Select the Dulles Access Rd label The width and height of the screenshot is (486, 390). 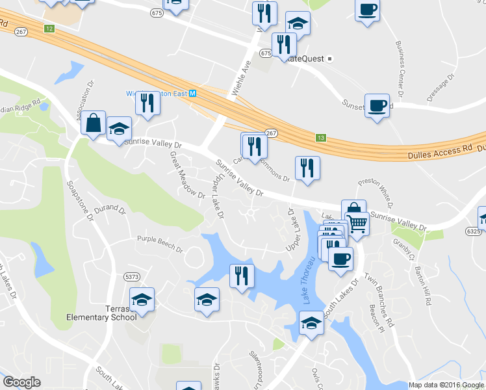(439, 149)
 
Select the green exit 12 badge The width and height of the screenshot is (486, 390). (49, 29)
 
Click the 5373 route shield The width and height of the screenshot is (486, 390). (131, 277)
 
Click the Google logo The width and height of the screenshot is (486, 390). (21, 382)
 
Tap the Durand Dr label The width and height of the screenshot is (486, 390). (109, 210)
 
